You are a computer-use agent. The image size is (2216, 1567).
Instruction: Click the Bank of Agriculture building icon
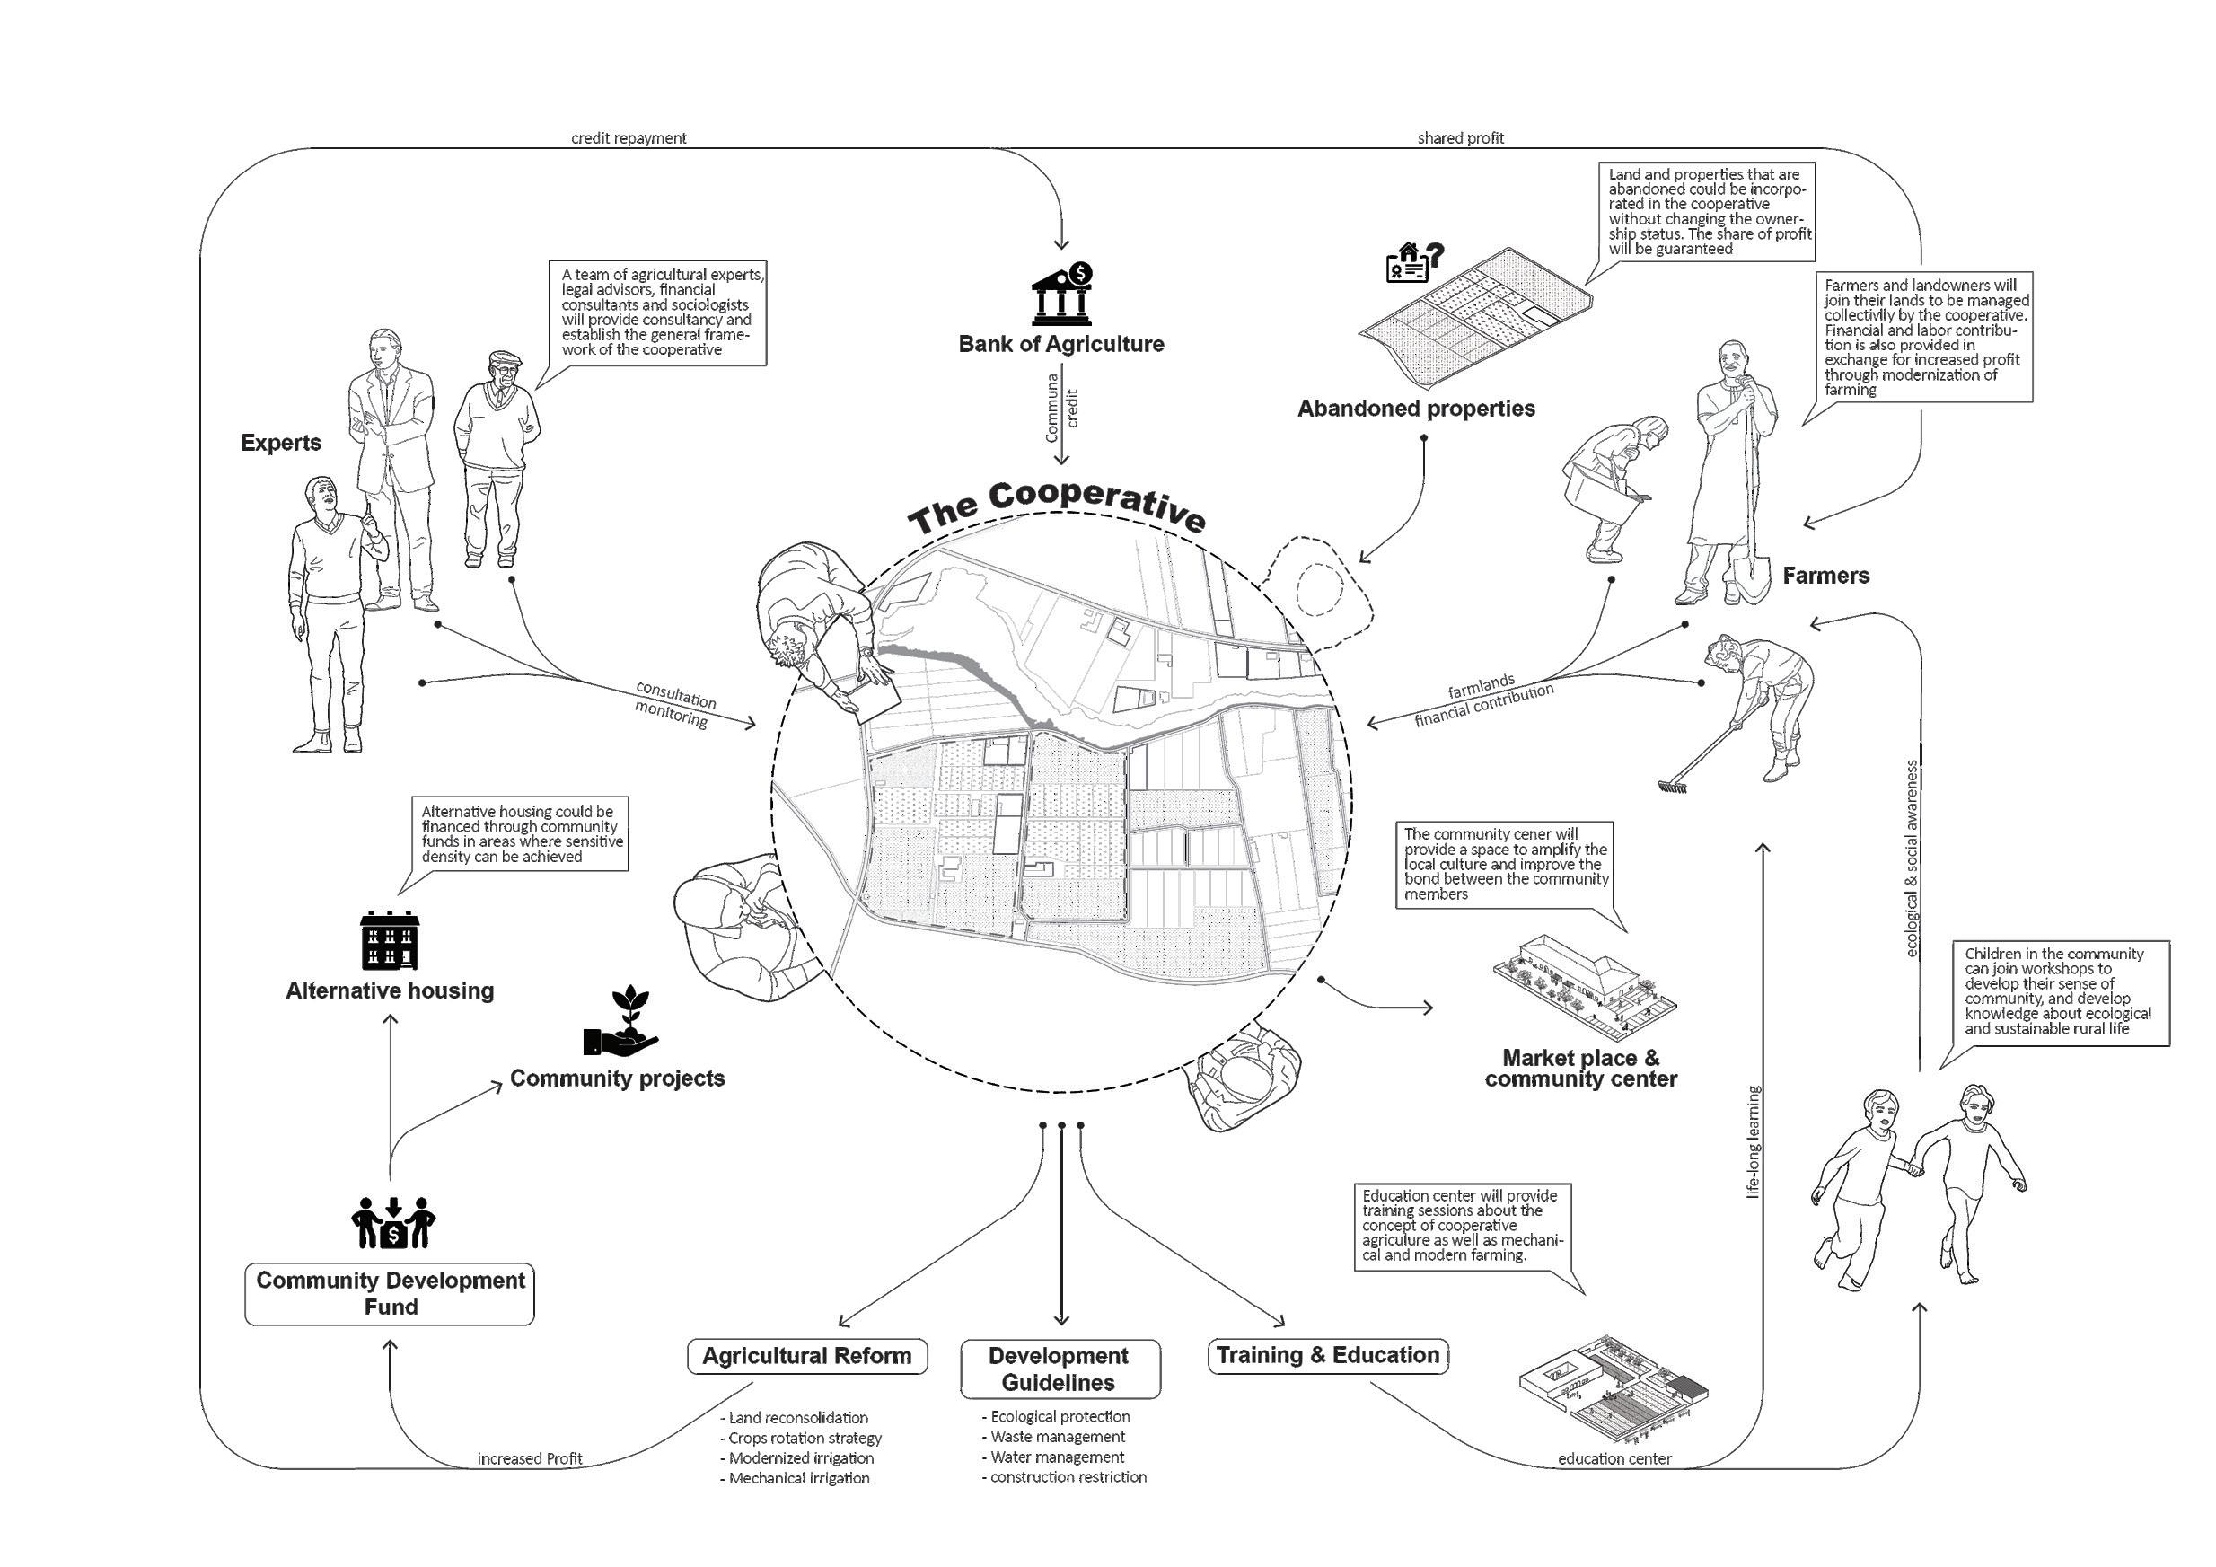point(1061,295)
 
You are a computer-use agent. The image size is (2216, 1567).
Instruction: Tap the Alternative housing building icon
point(390,940)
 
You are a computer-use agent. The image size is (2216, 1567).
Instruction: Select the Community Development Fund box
point(390,1294)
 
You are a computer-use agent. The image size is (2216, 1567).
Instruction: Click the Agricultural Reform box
point(807,1356)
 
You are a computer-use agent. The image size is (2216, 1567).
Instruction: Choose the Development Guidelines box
point(1059,1369)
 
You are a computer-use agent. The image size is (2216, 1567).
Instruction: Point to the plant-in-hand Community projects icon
point(620,1023)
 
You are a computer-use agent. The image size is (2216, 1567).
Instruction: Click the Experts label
point(281,444)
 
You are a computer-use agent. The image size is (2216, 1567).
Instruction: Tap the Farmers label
point(1825,577)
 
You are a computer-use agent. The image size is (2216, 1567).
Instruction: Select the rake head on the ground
point(1669,787)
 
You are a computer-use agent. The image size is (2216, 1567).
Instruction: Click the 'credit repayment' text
point(629,138)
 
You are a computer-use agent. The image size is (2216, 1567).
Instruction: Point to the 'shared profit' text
point(1460,138)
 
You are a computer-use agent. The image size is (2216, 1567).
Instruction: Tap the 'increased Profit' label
point(530,1459)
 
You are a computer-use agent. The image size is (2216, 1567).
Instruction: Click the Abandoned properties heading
point(1416,409)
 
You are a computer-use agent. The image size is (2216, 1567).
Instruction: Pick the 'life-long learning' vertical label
point(1754,1142)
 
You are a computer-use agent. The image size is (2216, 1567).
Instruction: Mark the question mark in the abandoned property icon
point(1435,255)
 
